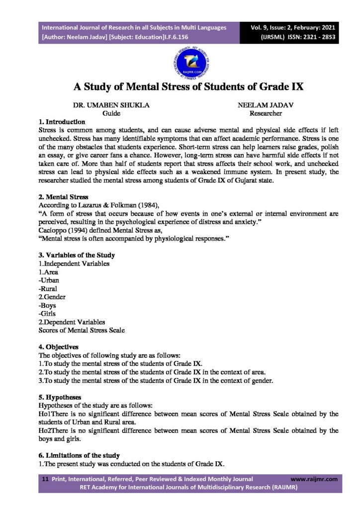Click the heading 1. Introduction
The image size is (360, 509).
[62, 121]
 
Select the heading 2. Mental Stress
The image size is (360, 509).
[63, 197]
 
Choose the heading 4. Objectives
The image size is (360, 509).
[58, 346]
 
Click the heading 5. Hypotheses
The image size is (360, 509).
[60, 398]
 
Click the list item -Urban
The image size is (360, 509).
[49, 280]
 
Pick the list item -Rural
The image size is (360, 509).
[48, 289]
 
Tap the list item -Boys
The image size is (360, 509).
[47, 305]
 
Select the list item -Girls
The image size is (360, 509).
[47, 314]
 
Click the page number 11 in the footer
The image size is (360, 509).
[45, 479]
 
